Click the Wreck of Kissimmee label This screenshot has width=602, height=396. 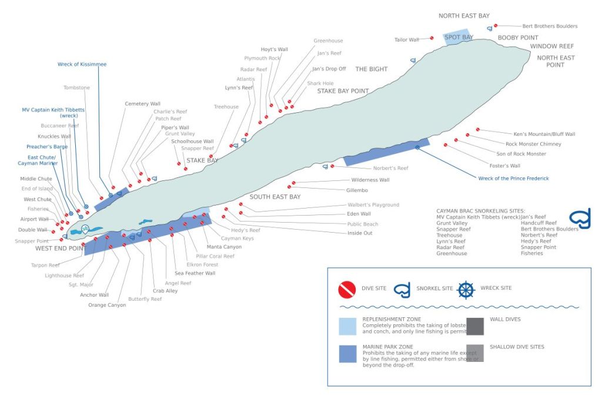pyautogui.click(x=82, y=64)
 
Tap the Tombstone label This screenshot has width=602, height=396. pyautogui.click(x=76, y=88)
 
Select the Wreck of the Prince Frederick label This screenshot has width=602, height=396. pyautogui.click(x=513, y=178)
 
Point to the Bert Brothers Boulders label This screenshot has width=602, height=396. pyautogui.click(x=550, y=26)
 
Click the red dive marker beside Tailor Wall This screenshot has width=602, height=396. pyautogui.click(x=432, y=38)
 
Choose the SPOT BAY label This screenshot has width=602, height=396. pyautogui.click(x=459, y=38)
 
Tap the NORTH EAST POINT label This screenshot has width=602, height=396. pyautogui.click(x=556, y=61)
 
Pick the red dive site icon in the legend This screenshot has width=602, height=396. pyautogui.click(x=347, y=289)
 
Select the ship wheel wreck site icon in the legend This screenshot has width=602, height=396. pyautogui.click(x=466, y=289)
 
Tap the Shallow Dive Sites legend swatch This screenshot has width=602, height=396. pyautogui.click(x=474, y=353)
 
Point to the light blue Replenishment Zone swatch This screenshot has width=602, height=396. pyautogui.click(x=347, y=326)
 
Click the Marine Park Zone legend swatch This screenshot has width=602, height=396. pyautogui.click(x=347, y=353)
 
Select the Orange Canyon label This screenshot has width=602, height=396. pyautogui.click(x=107, y=305)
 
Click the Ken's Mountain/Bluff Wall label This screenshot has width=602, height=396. pyautogui.click(x=544, y=134)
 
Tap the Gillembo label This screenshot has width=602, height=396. pyautogui.click(x=357, y=190)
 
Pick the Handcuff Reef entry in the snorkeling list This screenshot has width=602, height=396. pyautogui.click(x=539, y=223)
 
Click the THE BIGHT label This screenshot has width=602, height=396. pyautogui.click(x=372, y=69)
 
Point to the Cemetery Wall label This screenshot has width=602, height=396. pyautogui.click(x=142, y=103)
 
